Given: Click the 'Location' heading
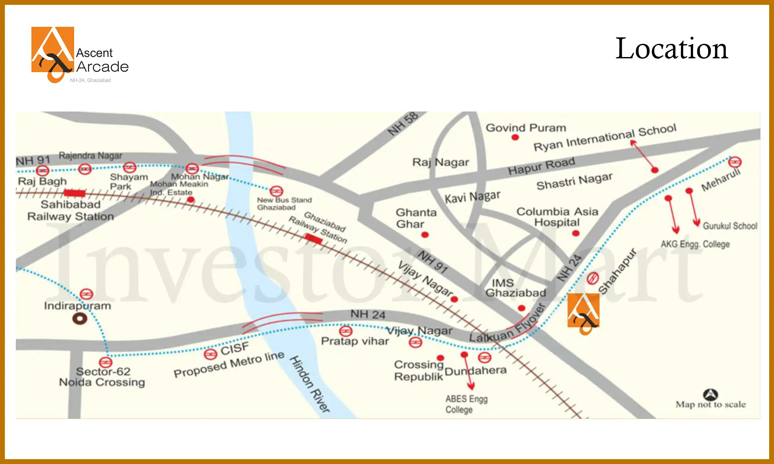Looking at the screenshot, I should click(x=671, y=49).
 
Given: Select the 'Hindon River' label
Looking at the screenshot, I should click(x=310, y=383).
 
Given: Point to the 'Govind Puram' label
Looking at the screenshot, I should click(x=526, y=128).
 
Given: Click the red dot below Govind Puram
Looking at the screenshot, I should click(x=515, y=138).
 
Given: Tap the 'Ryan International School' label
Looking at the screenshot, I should click(x=605, y=137).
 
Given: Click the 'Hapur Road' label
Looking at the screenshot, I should click(x=541, y=166).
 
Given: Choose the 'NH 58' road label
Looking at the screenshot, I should click(x=403, y=124).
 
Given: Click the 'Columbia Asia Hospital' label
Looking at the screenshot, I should click(x=557, y=217).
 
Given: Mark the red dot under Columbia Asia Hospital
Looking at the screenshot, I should click(x=576, y=233).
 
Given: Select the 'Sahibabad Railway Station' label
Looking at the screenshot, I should click(x=71, y=210).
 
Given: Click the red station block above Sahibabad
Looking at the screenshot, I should click(x=74, y=193).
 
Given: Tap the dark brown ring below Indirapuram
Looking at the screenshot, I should click(x=80, y=319).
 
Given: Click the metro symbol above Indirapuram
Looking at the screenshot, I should click(x=86, y=294).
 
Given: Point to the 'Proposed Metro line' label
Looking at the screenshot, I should click(x=229, y=364).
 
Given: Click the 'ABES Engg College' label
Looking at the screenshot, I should click(x=466, y=404).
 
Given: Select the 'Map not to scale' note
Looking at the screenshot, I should click(x=710, y=404).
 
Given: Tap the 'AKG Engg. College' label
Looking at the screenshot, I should click(x=695, y=244).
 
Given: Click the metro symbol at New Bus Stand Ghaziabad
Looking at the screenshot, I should click(x=276, y=191).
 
